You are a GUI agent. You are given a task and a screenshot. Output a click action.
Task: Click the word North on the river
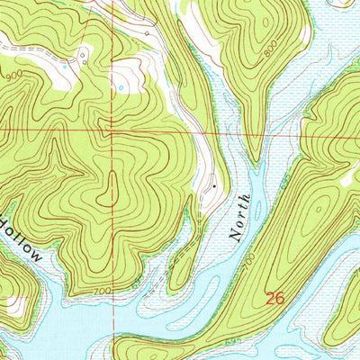tap(238, 219)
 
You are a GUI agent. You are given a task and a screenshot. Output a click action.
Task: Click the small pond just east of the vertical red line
tap(121, 87)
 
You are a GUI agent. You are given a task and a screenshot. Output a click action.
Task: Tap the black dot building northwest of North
tap(214, 185)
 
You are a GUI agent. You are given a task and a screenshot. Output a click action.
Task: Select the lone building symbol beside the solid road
tap(148, 32)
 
